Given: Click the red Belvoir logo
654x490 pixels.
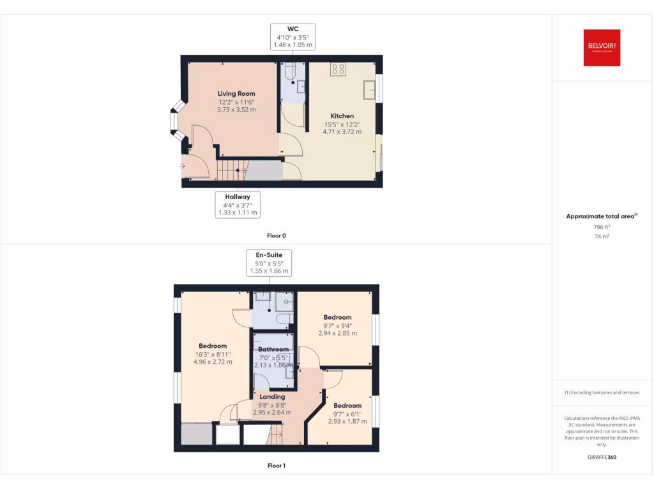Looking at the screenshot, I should click(x=602, y=48).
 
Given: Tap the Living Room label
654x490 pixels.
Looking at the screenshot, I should click(x=236, y=94).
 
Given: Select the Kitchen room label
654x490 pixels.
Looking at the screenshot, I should click(x=342, y=116).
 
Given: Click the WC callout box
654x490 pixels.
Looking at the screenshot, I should click(x=293, y=37).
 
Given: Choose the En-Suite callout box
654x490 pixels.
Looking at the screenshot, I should click(x=269, y=263).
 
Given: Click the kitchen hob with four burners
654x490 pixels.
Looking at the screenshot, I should click(x=338, y=69).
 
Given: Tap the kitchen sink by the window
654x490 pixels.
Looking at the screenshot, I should click(x=369, y=91).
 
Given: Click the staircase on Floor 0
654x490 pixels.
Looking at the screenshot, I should click(x=232, y=170).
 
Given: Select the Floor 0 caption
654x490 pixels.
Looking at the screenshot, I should click(x=276, y=236).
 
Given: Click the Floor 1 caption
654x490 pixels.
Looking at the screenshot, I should click(x=276, y=466).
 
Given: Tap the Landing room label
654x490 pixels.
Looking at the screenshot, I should click(x=272, y=397).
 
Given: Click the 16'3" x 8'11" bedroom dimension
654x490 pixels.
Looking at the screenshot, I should click(x=213, y=354).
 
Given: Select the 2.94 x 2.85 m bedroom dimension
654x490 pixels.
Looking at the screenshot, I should click(x=337, y=333).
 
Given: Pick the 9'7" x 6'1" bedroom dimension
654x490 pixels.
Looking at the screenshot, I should click(x=347, y=413).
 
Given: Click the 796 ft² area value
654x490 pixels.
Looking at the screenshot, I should click(x=602, y=226).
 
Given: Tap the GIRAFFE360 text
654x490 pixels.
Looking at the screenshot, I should click(x=602, y=457).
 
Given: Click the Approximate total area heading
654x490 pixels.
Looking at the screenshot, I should click(x=601, y=216).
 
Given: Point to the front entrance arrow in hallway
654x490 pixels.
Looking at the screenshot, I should click(x=183, y=167).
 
